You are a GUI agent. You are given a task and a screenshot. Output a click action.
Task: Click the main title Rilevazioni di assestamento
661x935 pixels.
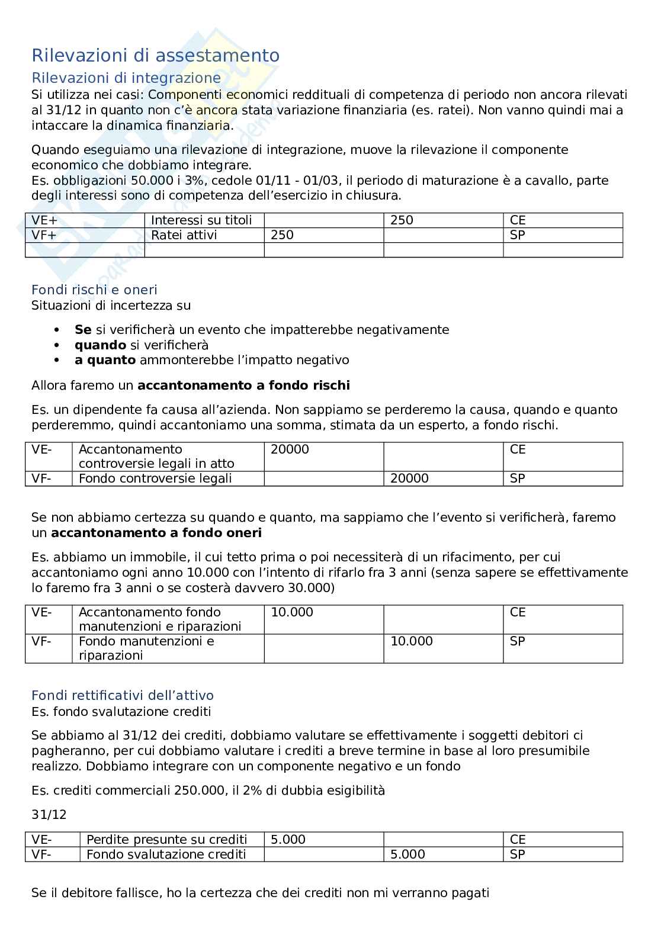pos(155,56)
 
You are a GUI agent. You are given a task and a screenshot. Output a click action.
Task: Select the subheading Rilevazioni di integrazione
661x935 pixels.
pos(126,78)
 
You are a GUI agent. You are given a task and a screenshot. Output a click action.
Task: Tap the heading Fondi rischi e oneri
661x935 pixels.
pos(94,290)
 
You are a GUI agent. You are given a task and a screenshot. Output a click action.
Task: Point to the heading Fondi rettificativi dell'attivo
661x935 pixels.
pos(122,695)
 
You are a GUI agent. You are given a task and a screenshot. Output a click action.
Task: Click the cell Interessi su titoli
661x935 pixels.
pos(201,220)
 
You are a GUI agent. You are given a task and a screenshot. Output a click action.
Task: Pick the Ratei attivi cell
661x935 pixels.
pos(184,235)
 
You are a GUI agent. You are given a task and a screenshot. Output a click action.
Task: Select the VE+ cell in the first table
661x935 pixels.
pos(44,220)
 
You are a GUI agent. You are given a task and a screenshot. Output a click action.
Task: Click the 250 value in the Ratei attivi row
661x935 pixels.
pos(282,235)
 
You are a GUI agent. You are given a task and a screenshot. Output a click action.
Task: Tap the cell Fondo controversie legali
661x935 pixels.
pos(155,478)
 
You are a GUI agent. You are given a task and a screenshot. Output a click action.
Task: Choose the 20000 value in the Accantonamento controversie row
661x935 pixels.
pos(290,449)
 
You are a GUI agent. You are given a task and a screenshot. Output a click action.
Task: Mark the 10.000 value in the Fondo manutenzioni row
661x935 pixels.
pos(412,641)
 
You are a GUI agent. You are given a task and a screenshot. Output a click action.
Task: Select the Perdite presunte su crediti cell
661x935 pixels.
pos(166,840)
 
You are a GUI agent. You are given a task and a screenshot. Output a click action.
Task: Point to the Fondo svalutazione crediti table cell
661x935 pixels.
pos(166,854)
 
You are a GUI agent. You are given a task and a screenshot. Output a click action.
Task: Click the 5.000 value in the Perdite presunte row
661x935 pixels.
pos(288,840)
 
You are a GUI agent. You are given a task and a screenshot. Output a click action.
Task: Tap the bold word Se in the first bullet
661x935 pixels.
pos(83,330)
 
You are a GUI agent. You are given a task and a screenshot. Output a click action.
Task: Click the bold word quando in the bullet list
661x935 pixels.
pos(100,345)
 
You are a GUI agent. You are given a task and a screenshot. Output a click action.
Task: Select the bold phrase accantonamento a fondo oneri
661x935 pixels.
pos(156,533)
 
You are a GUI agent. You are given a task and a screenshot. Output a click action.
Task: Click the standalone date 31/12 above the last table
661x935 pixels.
pos(49,815)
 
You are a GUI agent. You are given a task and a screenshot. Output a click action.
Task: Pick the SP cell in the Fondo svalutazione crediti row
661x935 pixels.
pos(518,854)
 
